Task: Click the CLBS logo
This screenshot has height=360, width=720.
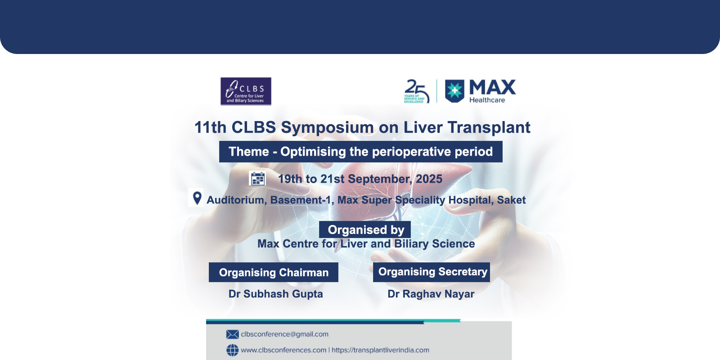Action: (246, 91)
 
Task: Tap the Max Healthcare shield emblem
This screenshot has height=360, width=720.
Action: (454, 91)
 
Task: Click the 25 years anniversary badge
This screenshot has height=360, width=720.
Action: (417, 91)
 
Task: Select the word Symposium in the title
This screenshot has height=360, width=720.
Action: (327, 128)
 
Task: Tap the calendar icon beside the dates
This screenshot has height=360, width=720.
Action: (258, 178)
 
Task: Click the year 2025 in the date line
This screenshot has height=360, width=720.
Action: (429, 179)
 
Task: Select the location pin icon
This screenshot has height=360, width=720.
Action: (197, 198)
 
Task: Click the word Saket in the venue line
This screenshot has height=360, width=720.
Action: (511, 200)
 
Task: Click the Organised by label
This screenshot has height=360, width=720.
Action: (365, 230)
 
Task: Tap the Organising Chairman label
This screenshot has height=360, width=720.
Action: (274, 272)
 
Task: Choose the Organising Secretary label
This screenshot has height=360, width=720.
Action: (432, 272)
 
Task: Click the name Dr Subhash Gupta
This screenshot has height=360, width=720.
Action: (276, 294)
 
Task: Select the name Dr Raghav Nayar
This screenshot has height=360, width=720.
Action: (431, 294)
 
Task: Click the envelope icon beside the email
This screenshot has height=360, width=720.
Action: (232, 334)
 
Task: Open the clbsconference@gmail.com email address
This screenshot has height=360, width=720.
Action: (284, 334)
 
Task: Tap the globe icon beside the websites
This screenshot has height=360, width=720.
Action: (232, 350)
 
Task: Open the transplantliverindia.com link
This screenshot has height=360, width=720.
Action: (380, 350)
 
